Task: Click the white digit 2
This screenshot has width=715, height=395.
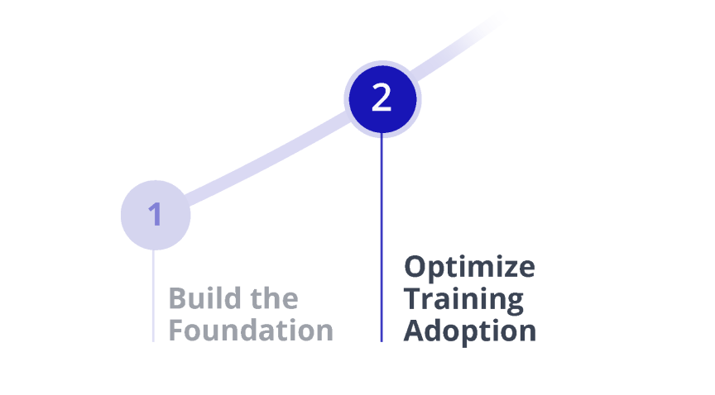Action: click(x=381, y=98)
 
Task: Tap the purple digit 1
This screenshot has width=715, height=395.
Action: click(x=156, y=215)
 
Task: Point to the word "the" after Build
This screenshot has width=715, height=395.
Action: click(x=273, y=297)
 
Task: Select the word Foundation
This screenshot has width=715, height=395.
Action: click(x=251, y=330)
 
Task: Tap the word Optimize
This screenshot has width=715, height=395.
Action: click(x=469, y=268)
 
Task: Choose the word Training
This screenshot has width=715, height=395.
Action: click(x=463, y=299)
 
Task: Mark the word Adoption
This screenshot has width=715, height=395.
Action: click(x=470, y=331)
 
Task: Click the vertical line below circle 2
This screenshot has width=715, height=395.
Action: click(x=381, y=240)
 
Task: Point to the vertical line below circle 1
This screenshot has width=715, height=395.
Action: click(x=154, y=297)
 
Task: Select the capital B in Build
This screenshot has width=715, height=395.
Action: click(x=177, y=297)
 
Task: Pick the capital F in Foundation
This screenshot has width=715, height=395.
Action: click(x=175, y=330)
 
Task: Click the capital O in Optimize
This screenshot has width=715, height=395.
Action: click(x=415, y=267)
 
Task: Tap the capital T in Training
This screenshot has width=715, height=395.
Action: click(x=413, y=298)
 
